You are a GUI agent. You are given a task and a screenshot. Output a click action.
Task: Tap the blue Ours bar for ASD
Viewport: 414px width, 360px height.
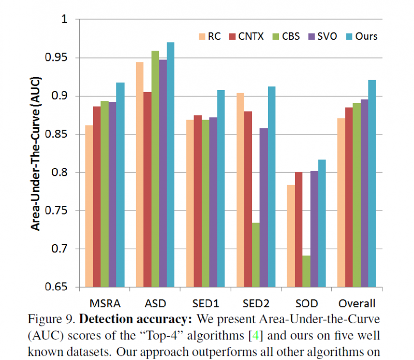(x=170, y=164)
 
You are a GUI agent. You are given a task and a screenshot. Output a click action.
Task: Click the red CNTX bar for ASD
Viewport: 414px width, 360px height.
(x=147, y=189)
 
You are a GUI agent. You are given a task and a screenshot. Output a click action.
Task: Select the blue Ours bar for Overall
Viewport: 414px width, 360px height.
(x=372, y=184)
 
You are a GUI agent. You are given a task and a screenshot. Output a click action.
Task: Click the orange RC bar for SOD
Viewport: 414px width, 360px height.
(x=290, y=236)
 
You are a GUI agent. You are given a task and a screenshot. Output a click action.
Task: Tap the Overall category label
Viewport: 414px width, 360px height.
(x=356, y=303)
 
